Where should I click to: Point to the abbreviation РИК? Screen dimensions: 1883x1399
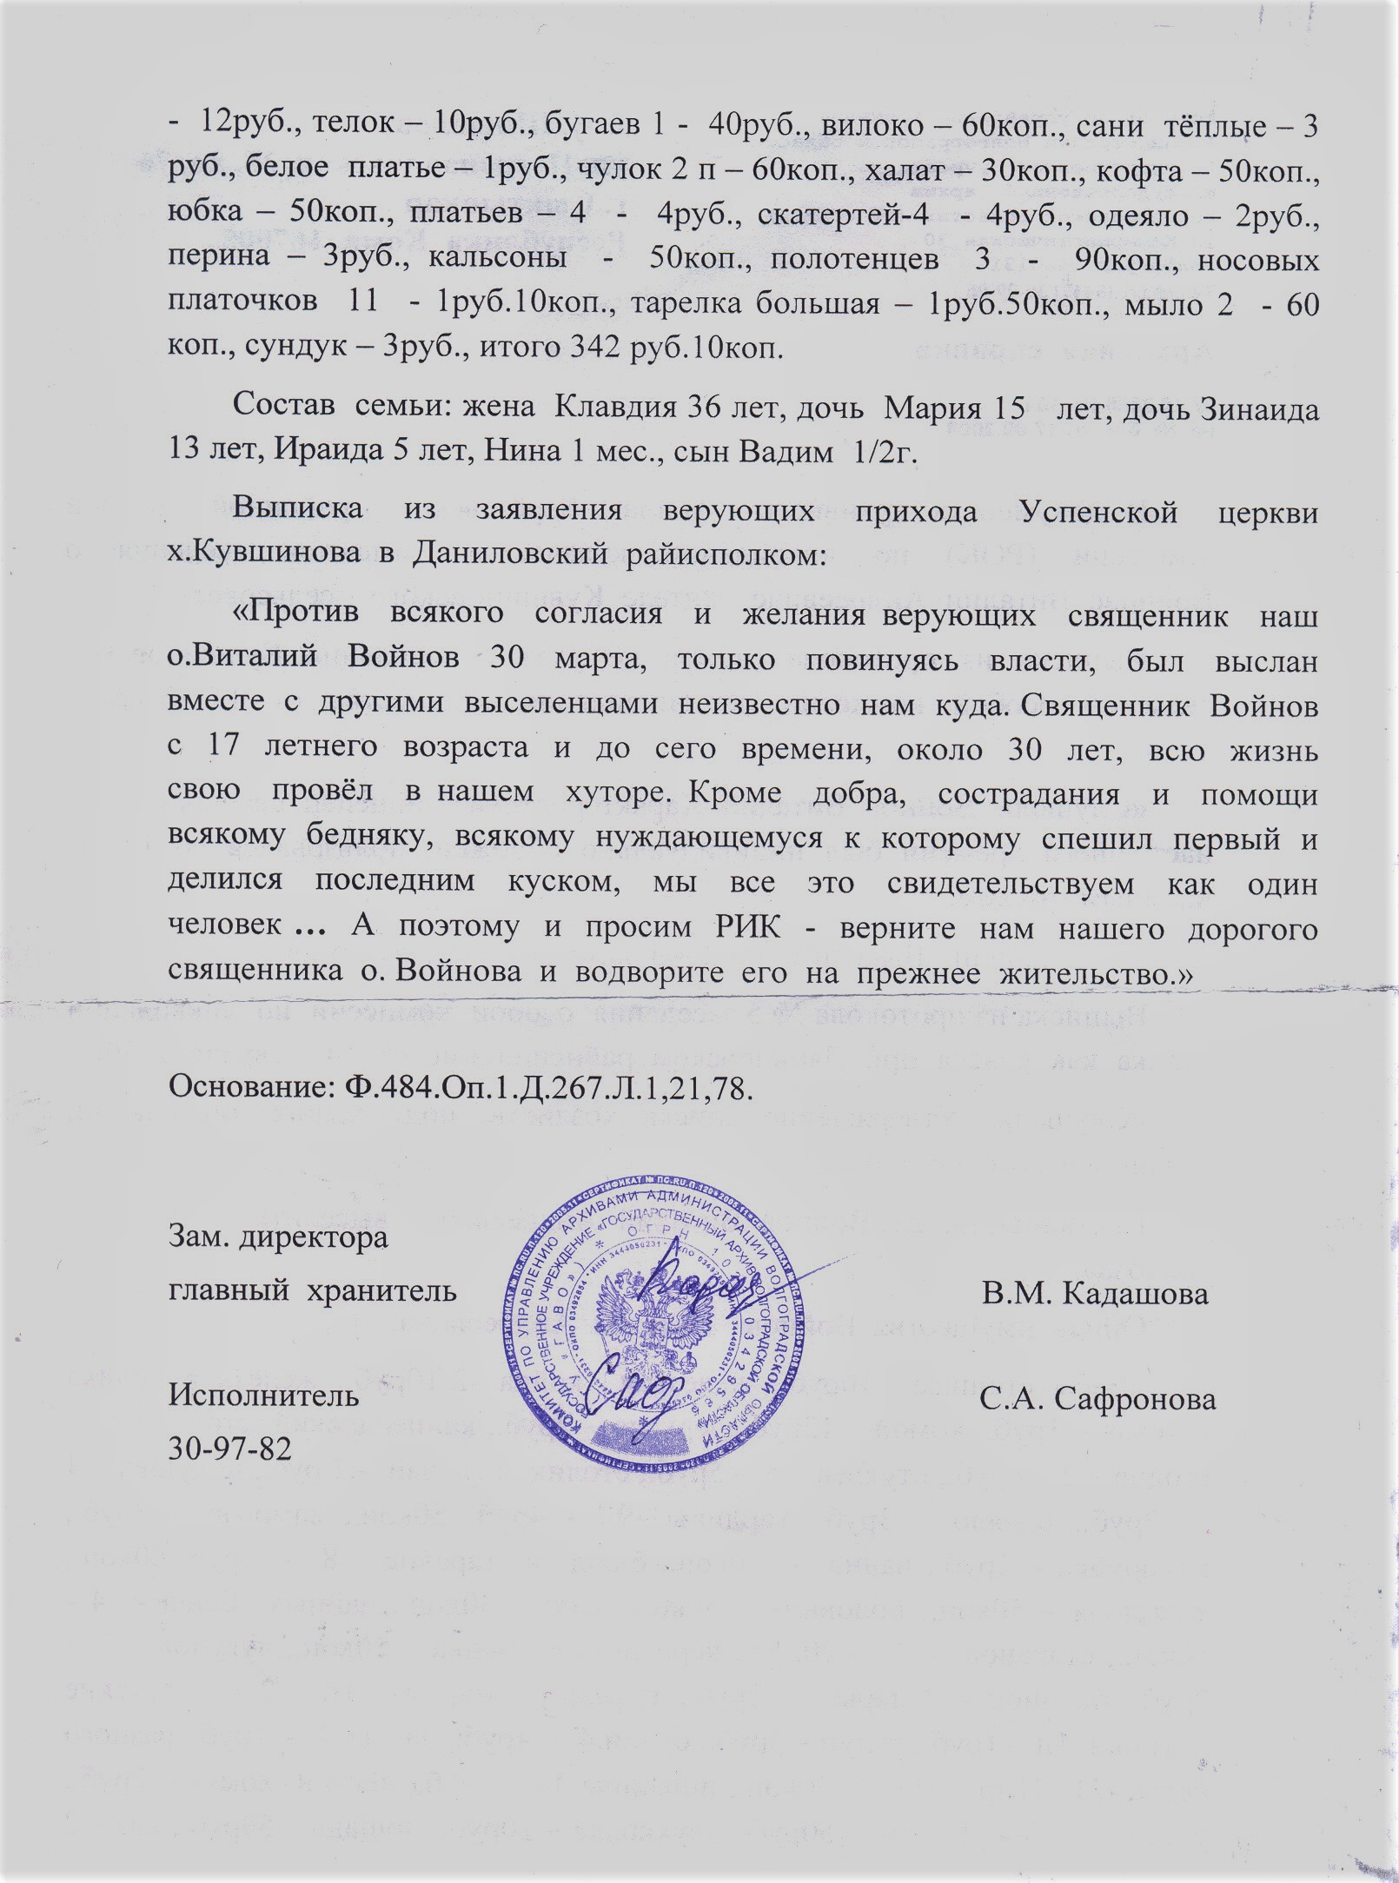pyautogui.click(x=746, y=929)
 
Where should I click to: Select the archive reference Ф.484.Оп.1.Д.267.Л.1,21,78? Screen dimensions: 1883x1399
pyautogui.click(x=543, y=1088)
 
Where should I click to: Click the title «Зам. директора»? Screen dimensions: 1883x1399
pyautogui.click(x=278, y=1238)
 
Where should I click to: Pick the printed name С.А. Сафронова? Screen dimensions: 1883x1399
pyautogui.click(x=1097, y=1399)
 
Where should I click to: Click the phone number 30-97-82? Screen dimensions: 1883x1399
pyautogui.click(x=230, y=1449)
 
